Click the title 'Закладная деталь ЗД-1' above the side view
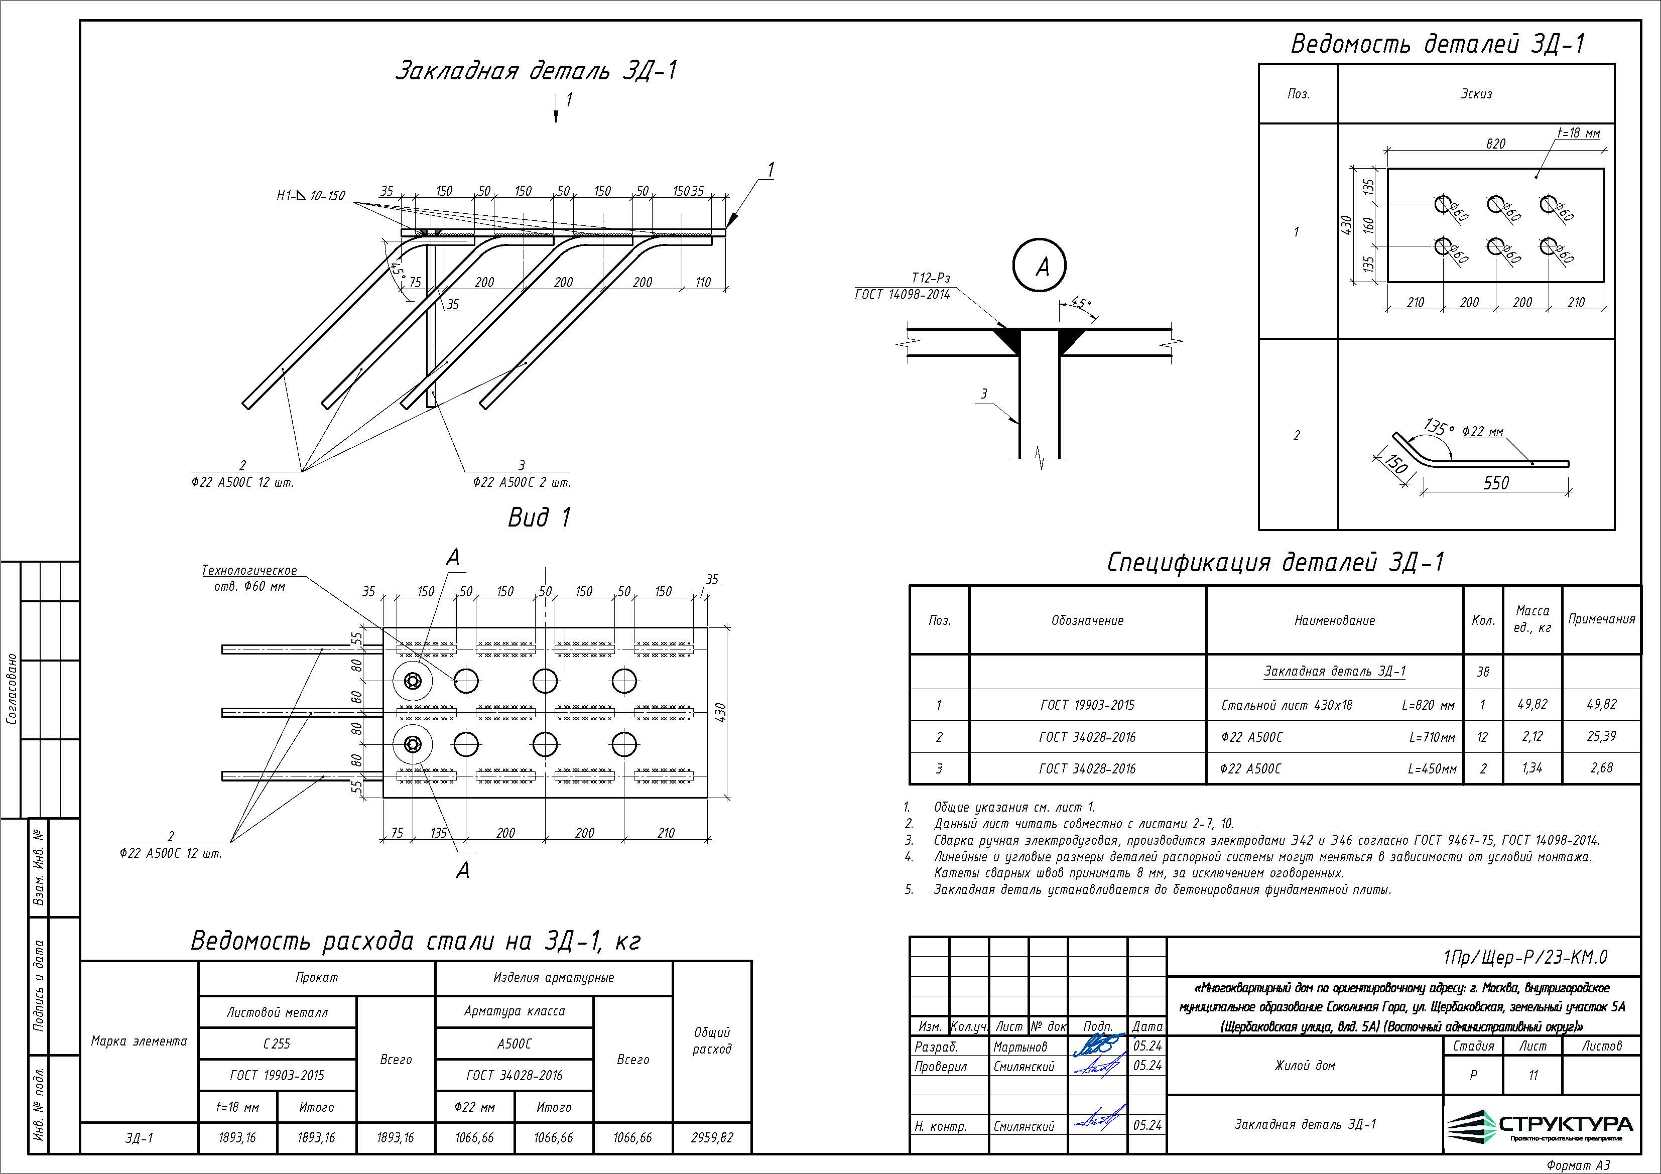click(535, 71)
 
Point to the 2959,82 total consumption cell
click(712, 1138)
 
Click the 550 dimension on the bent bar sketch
click(1496, 482)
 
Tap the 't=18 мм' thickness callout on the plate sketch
click(1578, 133)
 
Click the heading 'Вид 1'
click(539, 517)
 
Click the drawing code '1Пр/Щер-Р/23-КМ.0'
click(1524, 957)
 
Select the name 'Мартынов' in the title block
click(1020, 1047)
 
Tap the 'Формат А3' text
click(1577, 1164)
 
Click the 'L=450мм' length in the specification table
click(1432, 769)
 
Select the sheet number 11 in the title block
click(1532, 1076)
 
